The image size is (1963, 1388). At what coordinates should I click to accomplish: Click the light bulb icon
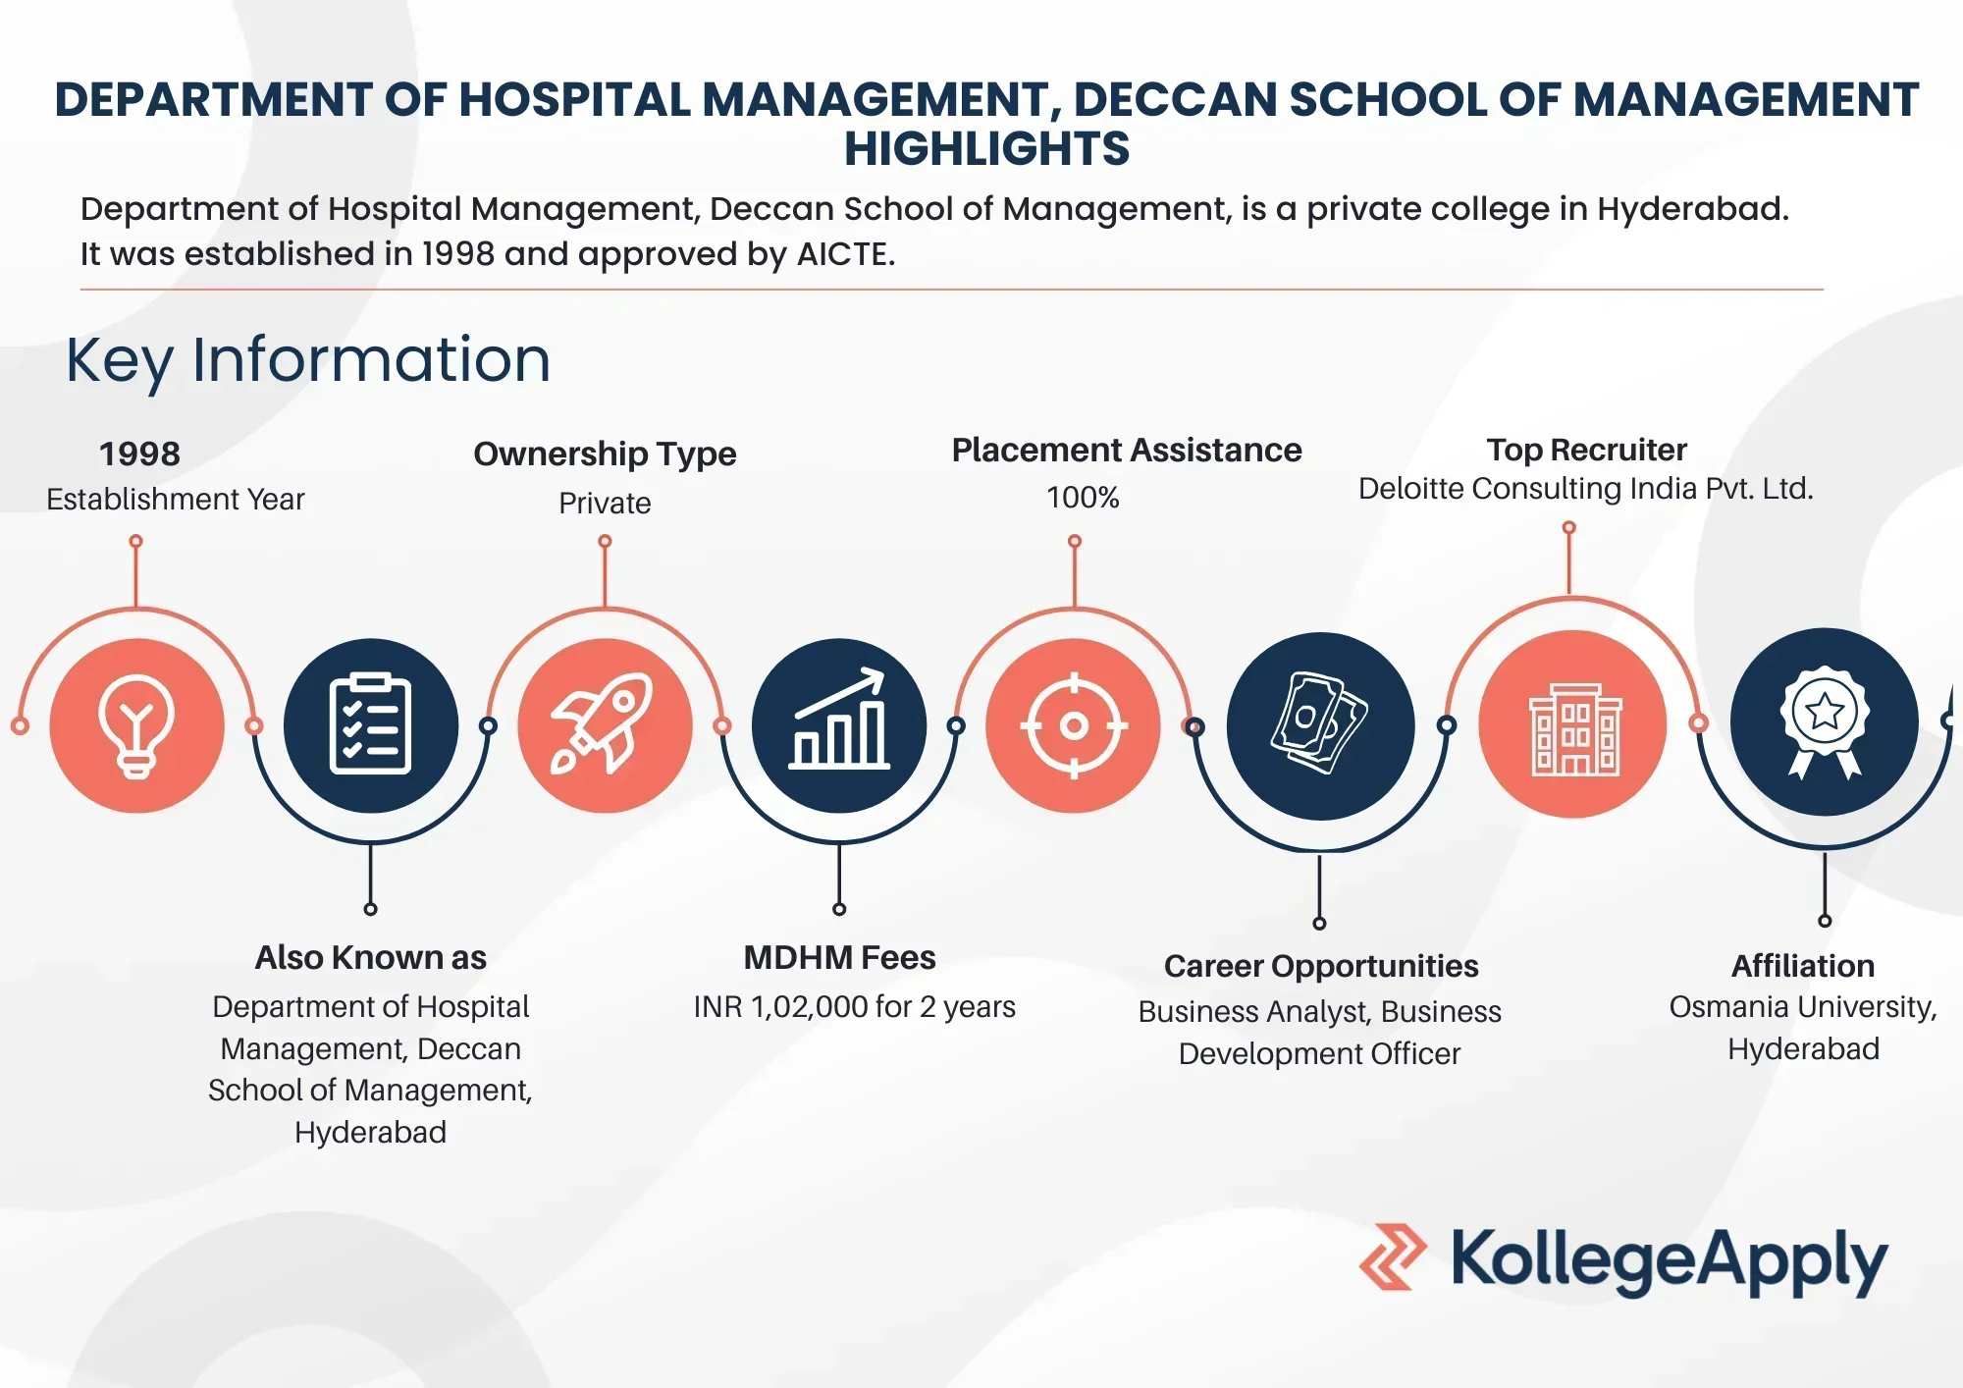(136, 726)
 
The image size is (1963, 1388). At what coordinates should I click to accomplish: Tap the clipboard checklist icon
(370, 724)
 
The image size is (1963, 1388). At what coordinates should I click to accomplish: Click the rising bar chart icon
(839, 719)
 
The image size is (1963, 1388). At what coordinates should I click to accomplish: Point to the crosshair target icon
(1074, 725)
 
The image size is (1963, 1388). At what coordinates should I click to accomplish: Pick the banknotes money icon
(1319, 723)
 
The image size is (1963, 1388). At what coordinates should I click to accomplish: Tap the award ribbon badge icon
(1825, 722)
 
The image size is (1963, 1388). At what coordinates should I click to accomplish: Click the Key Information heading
(308, 360)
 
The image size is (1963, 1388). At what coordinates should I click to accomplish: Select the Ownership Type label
(605, 454)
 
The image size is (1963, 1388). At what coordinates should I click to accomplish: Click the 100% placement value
(1083, 498)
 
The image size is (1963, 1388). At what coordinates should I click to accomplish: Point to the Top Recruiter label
(1586, 450)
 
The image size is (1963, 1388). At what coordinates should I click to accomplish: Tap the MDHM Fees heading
(839, 957)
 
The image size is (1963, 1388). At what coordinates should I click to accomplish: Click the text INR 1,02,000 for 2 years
(854, 1007)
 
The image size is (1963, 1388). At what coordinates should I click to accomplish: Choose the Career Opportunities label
(1321, 966)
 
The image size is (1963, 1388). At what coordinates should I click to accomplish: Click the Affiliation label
(1803, 966)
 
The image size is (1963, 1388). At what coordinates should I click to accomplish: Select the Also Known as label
(370, 957)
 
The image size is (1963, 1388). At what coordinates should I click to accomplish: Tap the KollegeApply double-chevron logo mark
(1393, 1256)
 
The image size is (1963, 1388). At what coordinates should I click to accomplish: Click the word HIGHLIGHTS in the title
(986, 149)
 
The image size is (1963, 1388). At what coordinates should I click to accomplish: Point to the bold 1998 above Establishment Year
(139, 454)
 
